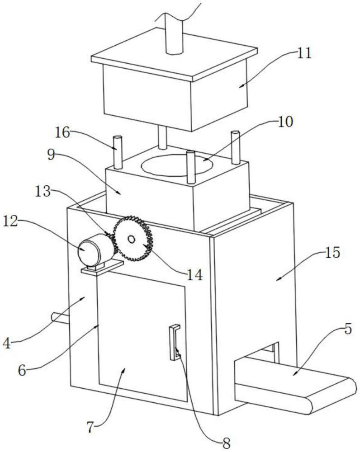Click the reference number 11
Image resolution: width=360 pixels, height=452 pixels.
tap(304, 53)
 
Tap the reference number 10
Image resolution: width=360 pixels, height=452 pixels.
tap(285, 122)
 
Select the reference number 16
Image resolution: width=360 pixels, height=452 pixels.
tap(62, 132)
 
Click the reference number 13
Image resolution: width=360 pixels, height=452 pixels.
tap(43, 191)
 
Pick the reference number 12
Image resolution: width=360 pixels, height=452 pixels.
tap(10, 221)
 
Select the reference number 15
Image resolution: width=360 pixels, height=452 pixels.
tap(332, 253)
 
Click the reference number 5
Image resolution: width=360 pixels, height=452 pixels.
tap(348, 329)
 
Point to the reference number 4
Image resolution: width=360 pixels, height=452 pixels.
tap(7, 344)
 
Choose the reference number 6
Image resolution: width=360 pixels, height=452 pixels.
tap(22, 370)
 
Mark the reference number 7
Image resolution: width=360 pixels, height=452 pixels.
tap(90, 428)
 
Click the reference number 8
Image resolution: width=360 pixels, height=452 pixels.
tap(227, 444)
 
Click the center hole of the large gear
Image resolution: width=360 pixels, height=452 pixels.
tap(131, 239)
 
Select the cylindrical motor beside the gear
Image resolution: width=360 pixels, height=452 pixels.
tap(94, 250)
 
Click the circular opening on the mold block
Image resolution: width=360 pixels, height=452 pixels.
tap(177, 165)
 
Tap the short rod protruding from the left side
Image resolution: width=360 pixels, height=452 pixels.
tap(60, 318)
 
